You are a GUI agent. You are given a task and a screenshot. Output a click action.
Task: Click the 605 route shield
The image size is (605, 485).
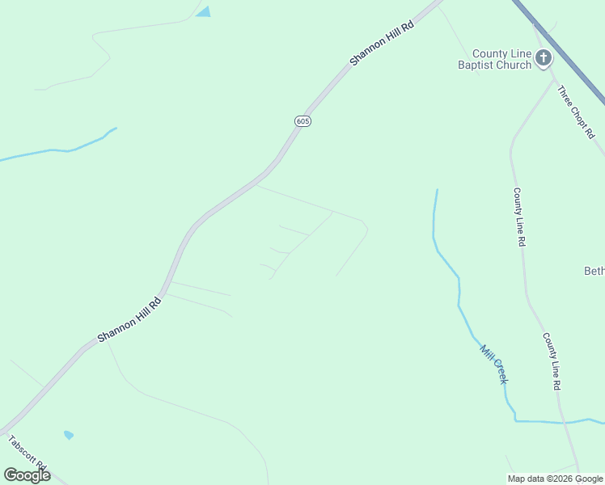(x=302, y=121)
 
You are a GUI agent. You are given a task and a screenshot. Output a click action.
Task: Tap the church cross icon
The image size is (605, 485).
(x=543, y=58)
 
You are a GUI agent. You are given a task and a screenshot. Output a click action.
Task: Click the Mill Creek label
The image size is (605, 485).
(x=493, y=364)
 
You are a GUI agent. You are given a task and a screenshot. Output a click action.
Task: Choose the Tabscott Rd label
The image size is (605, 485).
(x=27, y=457)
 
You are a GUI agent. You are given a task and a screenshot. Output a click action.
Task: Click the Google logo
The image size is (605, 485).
(x=27, y=475)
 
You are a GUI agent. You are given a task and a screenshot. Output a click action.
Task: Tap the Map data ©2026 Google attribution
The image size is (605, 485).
(x=556, y=479)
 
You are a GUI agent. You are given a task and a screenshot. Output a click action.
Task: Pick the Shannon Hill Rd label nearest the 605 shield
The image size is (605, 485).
(x=382, y=44)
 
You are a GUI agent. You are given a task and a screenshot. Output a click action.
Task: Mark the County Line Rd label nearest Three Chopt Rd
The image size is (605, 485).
(x=519, y=217)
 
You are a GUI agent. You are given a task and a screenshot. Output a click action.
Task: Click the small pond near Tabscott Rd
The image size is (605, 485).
(x=69, y=435)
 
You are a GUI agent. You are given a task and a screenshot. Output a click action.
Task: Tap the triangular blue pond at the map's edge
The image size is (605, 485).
(x=203, y=11)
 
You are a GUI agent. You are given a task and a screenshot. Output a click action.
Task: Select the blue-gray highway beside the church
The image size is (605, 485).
(x=566, y=57)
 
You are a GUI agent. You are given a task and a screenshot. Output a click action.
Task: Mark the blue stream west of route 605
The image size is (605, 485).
(x=57, y=150)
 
